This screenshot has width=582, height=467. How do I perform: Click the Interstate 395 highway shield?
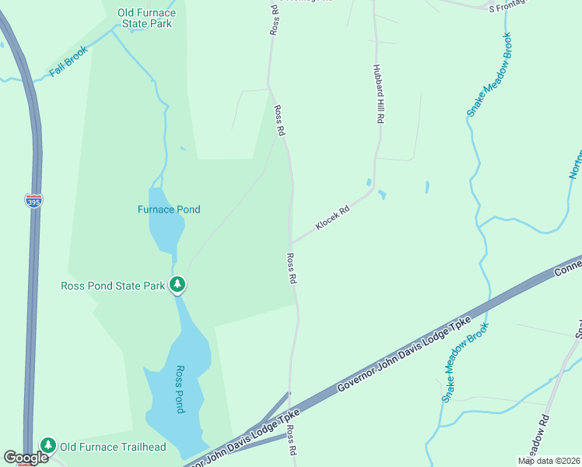click(x=33, y=201)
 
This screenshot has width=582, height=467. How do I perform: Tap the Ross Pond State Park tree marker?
click(x=178, y=285)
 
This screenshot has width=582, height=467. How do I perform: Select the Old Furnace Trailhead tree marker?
click(x=48, y=446)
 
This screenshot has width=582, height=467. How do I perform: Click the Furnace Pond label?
click(x=169, y=209)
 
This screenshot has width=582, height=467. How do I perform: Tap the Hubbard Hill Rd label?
click(x=379, y=96)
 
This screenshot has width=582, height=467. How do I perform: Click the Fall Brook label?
click(x=68, y=61)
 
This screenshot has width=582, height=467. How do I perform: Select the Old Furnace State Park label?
click(x=145, y=18)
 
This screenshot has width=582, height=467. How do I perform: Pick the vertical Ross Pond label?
click(x=179, y=389)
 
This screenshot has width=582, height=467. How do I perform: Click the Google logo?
click(x=26, y=458)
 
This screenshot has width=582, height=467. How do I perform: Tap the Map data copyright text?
click(x=549, y=461)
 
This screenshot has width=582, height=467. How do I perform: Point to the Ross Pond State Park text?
click(x=113, y=286)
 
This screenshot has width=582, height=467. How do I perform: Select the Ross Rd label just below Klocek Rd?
click(x=292, y=269)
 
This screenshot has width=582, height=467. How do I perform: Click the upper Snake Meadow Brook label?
click(x=489, y=75)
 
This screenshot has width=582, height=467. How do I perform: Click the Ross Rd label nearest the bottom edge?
click(x=291, y=441)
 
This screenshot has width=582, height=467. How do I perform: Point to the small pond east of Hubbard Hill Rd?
click(x=427, y=188)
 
